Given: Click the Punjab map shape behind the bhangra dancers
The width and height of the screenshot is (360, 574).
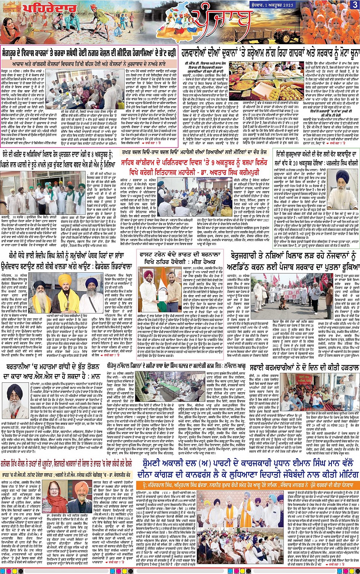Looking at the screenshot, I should pos(183,17).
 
